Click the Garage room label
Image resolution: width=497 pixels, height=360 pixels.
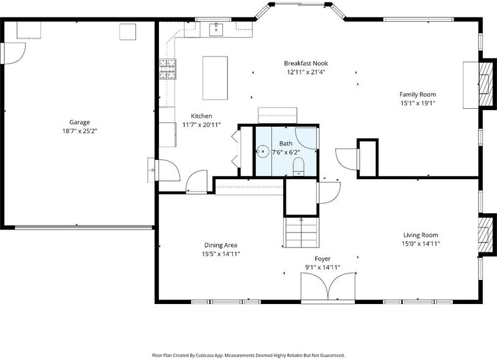[x=80, y=122]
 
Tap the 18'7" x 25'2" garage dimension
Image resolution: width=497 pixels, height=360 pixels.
[x=80, y=131]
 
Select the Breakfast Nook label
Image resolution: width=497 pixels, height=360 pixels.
[x=306, y=63]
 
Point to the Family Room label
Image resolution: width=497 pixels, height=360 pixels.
[x=417, y=95]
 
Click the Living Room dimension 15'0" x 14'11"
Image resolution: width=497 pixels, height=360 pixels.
[x=421, y=244]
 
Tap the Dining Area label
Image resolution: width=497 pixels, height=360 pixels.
[x=221, y=245]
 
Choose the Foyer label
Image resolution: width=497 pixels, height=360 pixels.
[x=322, y=259]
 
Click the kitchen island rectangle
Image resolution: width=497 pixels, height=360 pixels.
[x=215, y=78]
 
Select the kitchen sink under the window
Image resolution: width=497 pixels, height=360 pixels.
[x=216, y=29]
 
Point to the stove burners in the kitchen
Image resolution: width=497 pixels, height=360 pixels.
[x=167, y=69]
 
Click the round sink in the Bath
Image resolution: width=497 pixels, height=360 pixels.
[x=262, y=151]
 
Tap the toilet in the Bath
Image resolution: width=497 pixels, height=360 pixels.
[x=298, y=167]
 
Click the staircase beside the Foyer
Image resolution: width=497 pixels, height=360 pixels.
[x=301, y=233]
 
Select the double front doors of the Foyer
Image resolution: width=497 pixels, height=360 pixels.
[x=328, y=286]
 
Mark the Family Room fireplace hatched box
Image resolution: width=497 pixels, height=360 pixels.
[x=485, y=84]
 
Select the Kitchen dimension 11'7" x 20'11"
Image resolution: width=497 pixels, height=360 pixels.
[x=201, y=124]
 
